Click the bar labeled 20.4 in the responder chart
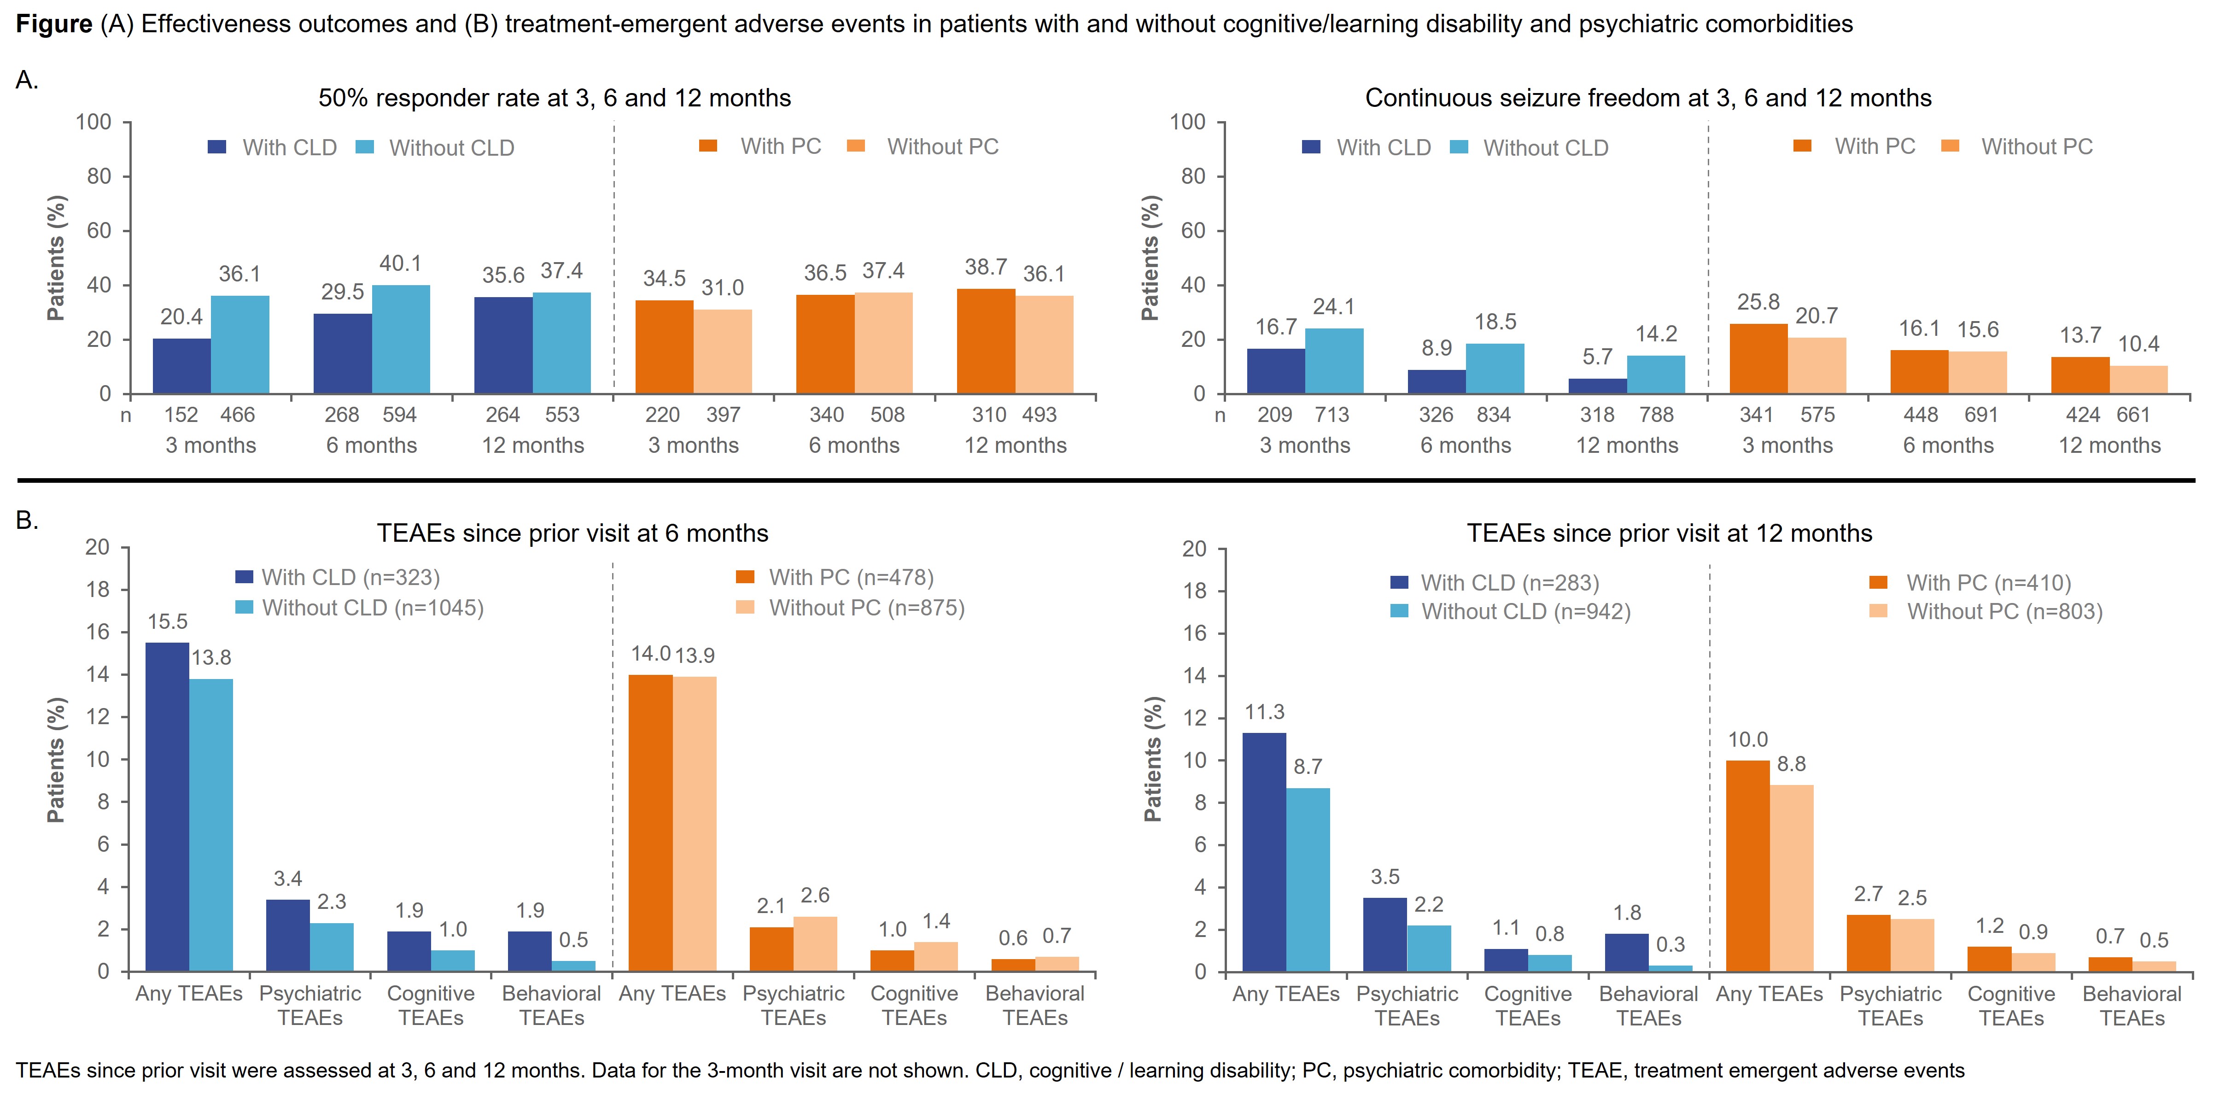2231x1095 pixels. point(182,366)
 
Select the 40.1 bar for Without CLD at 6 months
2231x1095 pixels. point(401,340)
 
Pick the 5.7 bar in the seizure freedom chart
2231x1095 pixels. point(1597,386)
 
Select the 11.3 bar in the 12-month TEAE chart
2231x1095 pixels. point(1264,852)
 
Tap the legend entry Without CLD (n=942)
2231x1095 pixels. point(1525,612)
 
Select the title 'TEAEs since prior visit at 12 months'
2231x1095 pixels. point(1669,533)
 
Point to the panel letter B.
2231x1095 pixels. point(27,521)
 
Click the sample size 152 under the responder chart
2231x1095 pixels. point(181,415)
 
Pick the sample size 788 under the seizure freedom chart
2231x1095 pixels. point(1656,415)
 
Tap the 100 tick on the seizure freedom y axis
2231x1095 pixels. point(1187,122)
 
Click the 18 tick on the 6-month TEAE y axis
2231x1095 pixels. point(97,590)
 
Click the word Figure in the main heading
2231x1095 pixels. point(54,24)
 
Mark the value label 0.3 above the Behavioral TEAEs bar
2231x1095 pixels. point(1670,944)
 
